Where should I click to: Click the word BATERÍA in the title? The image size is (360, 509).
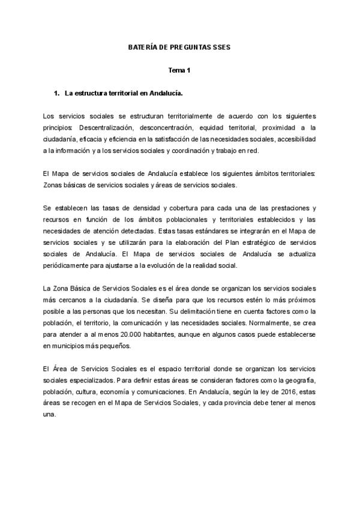coord(143,46)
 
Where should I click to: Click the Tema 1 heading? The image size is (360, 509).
coord(178,70)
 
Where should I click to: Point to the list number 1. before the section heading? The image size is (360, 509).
coord(58,94)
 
